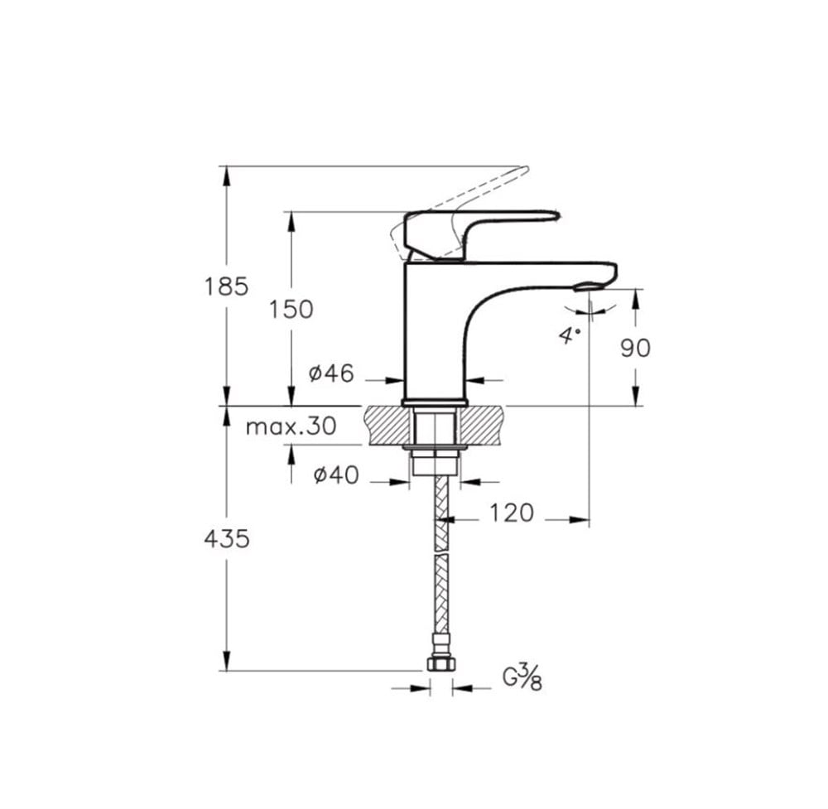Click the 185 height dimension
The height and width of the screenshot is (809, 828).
[x=226, y=287]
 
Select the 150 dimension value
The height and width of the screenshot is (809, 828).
[x=291, y=310]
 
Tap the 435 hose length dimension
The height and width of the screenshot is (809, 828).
[x=227, y=539]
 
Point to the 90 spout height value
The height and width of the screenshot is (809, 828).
[x=635, y=348]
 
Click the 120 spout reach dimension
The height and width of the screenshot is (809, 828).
[x=512, y=513]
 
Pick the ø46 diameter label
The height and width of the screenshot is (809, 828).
[x=331, y=373]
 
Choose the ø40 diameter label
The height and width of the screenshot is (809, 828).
[x=336, y=474]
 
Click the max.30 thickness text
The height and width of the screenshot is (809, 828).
[x=291, y=426]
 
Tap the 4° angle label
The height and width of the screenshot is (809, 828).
[x=570, y=335]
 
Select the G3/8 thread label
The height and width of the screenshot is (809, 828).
[x=522, y=678]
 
